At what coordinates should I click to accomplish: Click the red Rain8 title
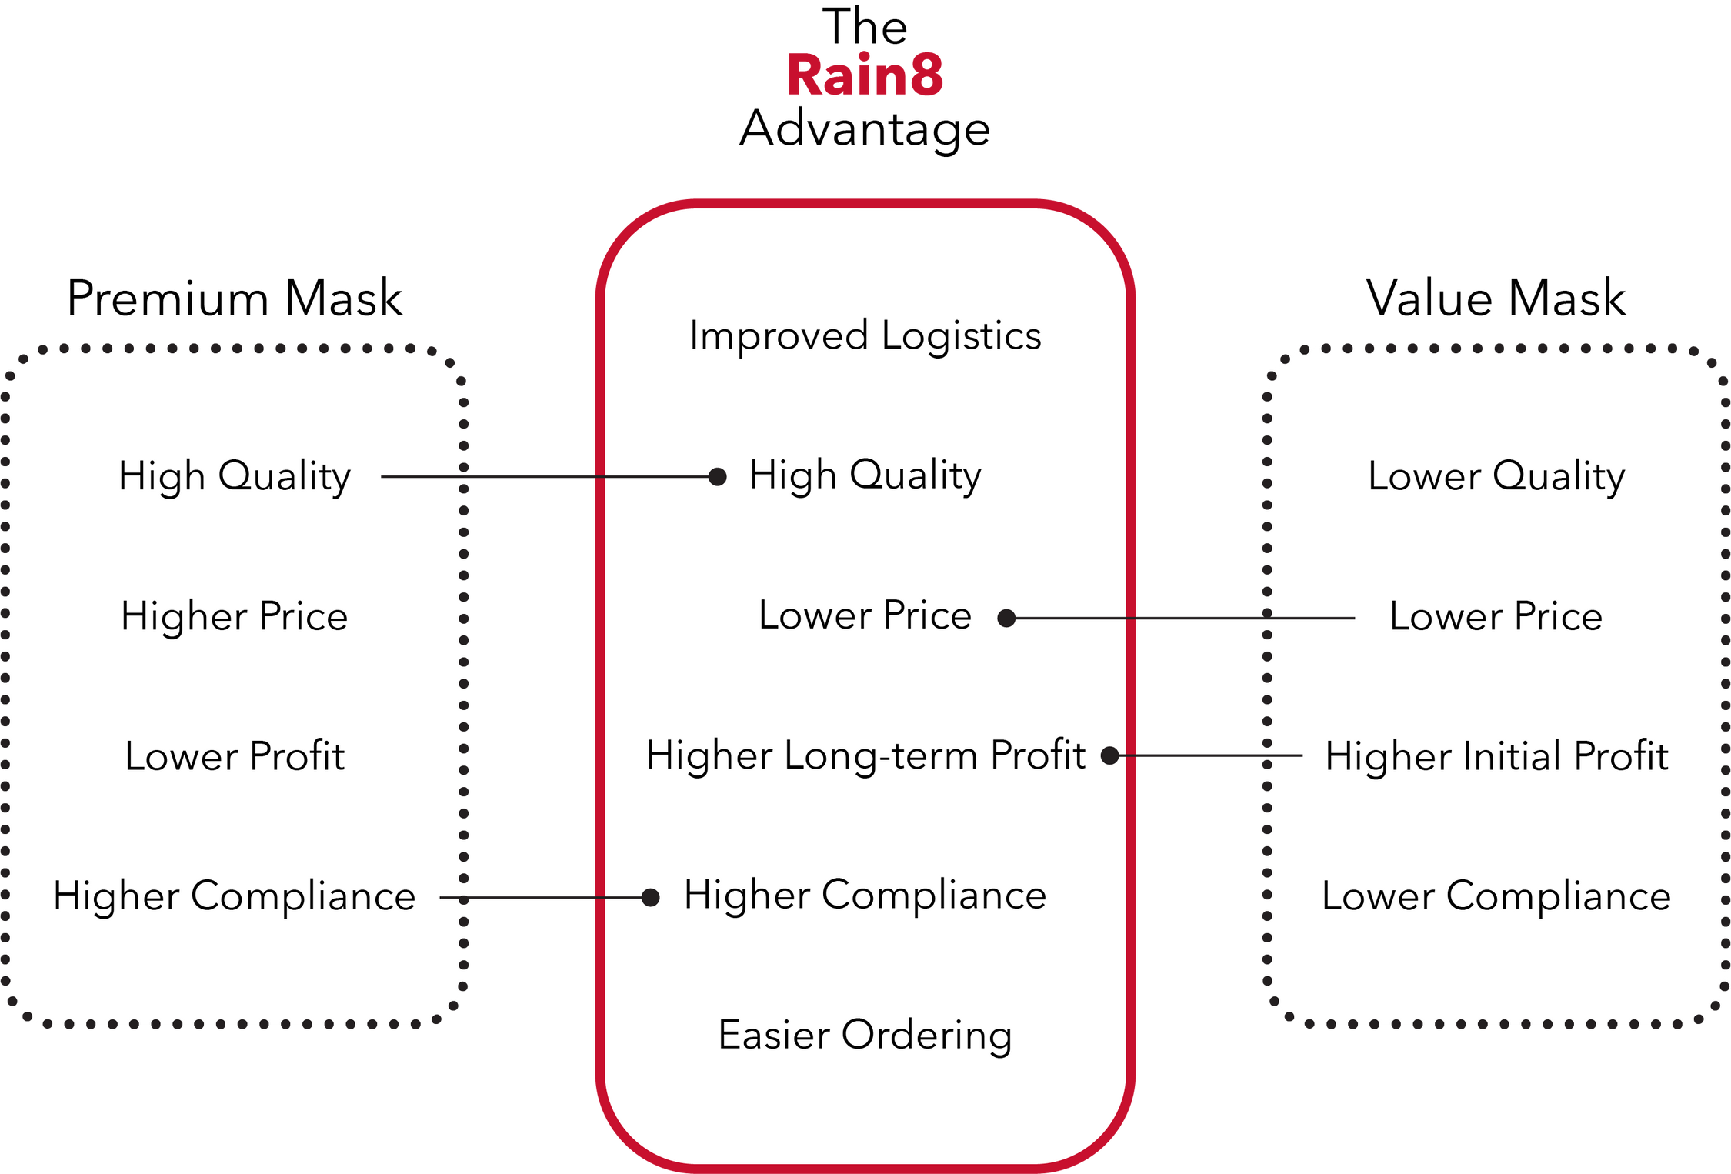865,75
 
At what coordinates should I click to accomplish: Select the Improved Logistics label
865,336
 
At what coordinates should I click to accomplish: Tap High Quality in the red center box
865,475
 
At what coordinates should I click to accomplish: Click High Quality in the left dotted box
235,476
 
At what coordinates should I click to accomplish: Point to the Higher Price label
235,616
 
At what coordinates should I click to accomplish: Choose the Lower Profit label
235,756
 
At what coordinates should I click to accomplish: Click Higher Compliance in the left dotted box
235,896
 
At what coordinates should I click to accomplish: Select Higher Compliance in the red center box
865,896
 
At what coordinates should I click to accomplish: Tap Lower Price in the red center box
865,615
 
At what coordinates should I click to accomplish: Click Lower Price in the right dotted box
1496,616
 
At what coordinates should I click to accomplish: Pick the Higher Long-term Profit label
865,755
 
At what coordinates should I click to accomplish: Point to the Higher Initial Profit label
1496,756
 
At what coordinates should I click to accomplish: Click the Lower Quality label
1496,476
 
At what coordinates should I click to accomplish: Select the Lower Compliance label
1496,896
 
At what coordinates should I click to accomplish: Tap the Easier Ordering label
865,1036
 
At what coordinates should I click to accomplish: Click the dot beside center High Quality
717,477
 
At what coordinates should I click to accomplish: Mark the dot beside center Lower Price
1006,618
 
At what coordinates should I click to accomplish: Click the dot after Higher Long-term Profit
1109,755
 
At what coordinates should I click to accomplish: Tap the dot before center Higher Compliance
650,897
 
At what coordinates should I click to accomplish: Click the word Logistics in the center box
961,336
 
